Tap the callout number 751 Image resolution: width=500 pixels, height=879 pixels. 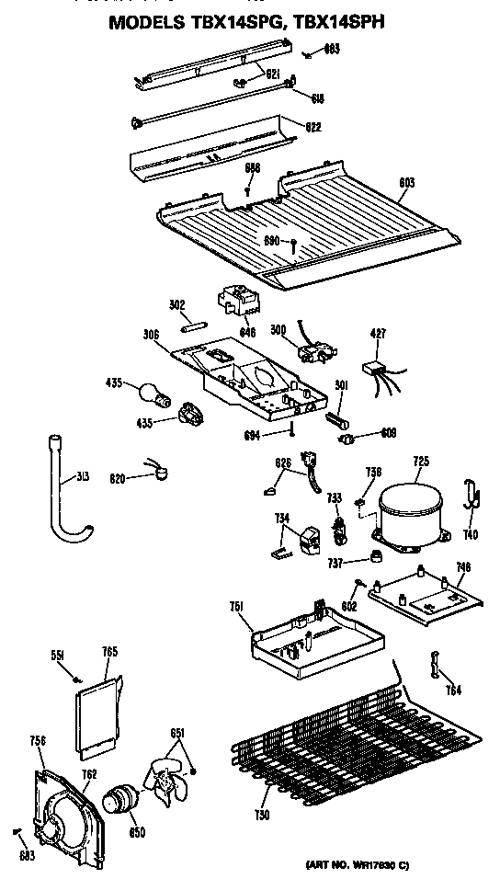(236, 606)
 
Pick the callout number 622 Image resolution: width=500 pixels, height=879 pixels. (313, 125)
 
